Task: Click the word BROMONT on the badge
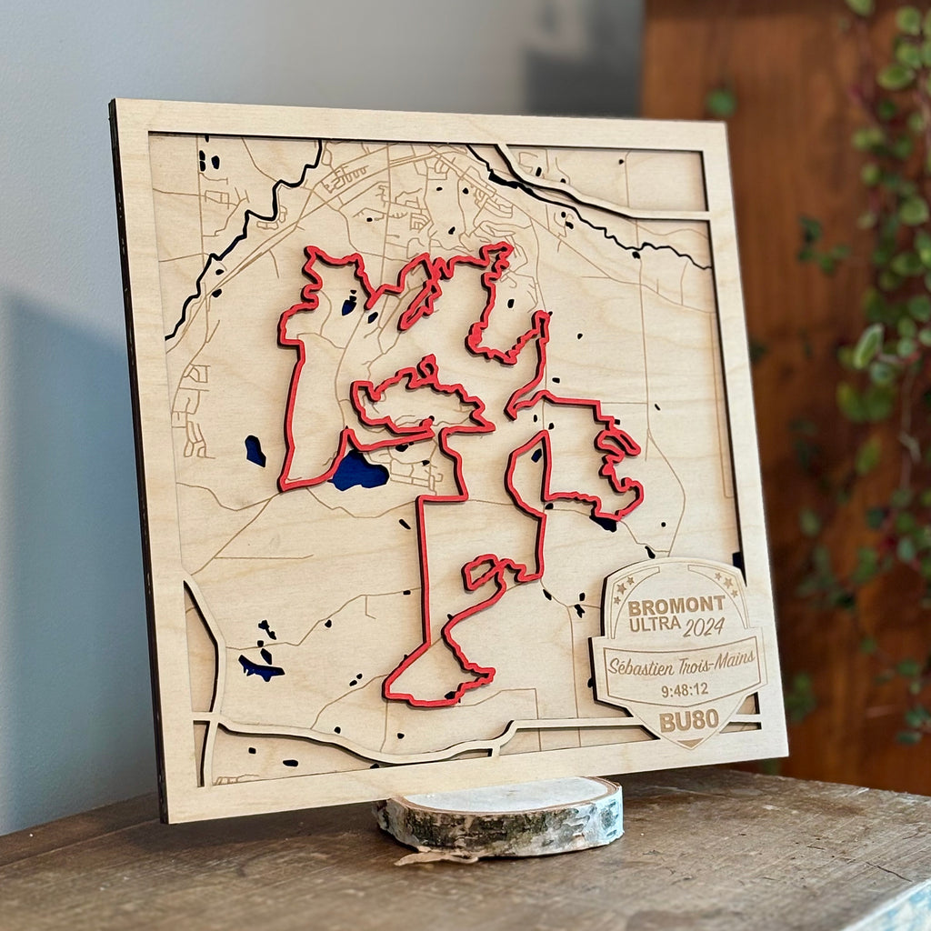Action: click(x=676, y=605)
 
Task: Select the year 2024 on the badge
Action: click(x=704, y=626)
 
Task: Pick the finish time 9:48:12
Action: click(x=685, y=690)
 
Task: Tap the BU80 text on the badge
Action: click(x=689, y=720)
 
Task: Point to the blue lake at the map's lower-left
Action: click(x=260, y=669)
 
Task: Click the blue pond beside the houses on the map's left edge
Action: click(x=255, y=450)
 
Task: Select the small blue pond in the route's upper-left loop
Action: click(x=349, y=306)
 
